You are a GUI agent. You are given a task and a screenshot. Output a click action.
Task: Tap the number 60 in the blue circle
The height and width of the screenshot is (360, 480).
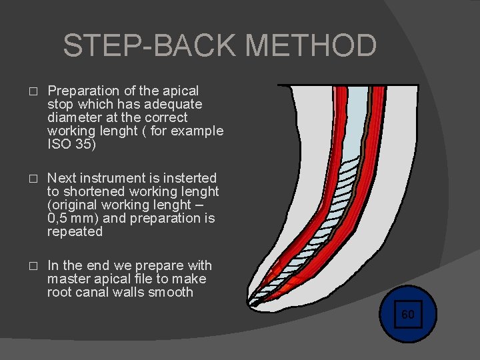pos(407,314)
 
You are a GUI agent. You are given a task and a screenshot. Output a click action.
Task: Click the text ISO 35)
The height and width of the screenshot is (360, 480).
pos(71,144)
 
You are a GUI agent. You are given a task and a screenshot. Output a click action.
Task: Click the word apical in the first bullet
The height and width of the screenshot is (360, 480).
pos(181,91)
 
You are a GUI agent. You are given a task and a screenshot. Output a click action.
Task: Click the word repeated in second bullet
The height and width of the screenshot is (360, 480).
pos(75,232)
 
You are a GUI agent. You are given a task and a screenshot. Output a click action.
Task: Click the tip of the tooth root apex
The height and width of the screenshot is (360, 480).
pos(251,306)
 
